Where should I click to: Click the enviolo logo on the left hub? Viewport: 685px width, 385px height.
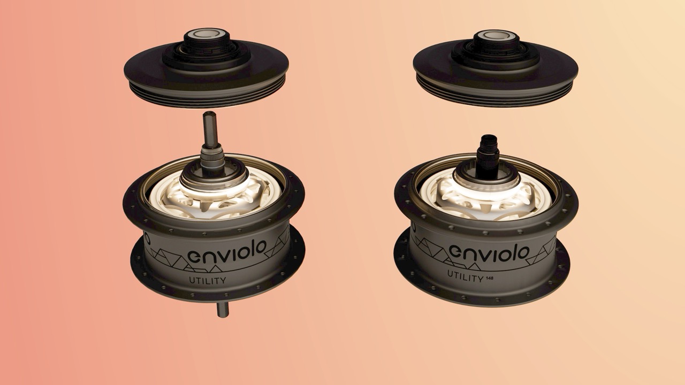227,252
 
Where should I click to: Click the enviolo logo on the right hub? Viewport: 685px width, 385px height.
489,253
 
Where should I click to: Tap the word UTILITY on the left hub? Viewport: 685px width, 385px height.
208,280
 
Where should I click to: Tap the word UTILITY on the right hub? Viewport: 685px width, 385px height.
465,276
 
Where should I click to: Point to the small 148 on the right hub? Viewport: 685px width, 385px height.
489,278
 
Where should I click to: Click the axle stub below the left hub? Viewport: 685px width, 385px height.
223,310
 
